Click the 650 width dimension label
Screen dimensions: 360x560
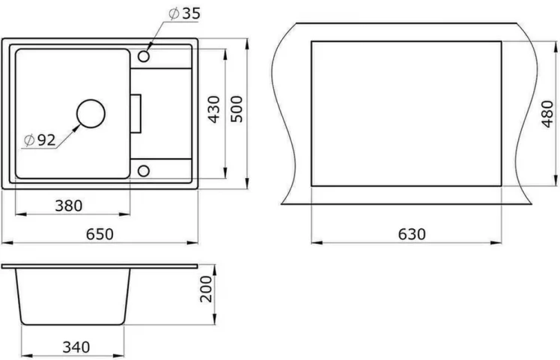[x=99, y=234]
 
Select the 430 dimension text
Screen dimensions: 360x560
[x=214, y=110]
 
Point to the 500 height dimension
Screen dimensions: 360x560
[x=237, y=110]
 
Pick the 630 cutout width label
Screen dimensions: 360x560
[x=411, y=234]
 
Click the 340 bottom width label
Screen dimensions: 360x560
[x=76, y=347]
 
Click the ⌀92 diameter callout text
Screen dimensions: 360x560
[x=40, y=140]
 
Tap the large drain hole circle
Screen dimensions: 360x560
[x=91, y=114]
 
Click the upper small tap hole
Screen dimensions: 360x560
[x=144, y=56]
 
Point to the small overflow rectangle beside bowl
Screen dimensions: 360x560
[x=136, y=113]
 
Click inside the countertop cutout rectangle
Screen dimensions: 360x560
[x=404, y=112]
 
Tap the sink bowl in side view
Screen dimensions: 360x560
[x=73, y=296]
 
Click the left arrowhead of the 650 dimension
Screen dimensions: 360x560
[x=5, y=242]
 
